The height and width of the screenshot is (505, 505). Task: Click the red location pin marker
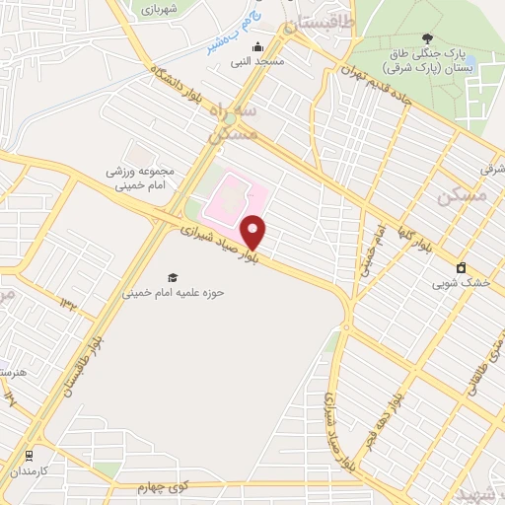click(x=254, y=232)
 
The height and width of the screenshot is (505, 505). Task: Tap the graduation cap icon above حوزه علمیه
click(x=173, y=278)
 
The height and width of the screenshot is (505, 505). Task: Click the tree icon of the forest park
click(x=426, y=37)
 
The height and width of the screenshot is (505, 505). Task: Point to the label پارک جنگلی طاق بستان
click(x=434, y=60)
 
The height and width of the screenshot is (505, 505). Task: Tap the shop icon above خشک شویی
click(x=461, y=268)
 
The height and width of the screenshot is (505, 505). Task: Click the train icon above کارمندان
click(x=32, y=457)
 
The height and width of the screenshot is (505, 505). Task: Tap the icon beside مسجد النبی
click(x=258, y=46)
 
